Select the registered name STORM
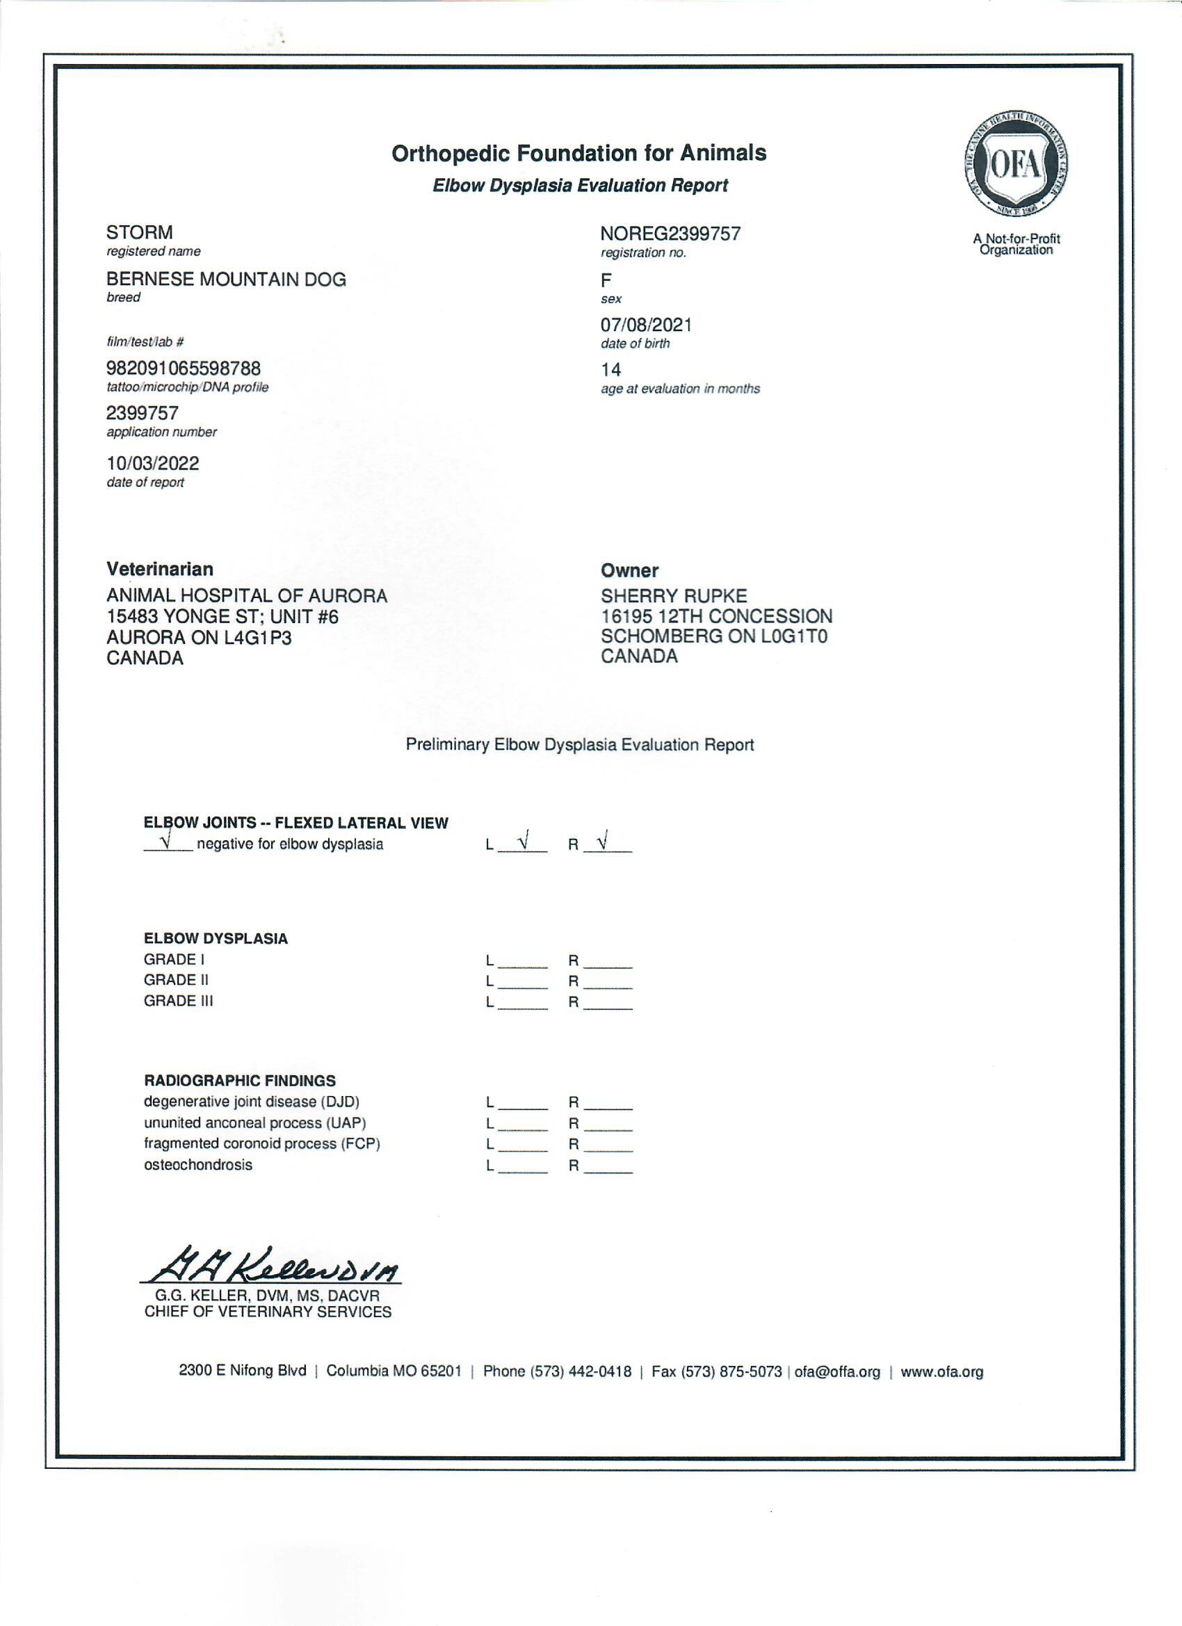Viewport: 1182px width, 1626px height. (x=139, y=232)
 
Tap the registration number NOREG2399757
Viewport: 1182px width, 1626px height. (x=670, y=234)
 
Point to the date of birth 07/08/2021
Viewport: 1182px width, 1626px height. (x=646, y=325)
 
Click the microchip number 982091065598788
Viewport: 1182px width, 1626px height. (x=184, y=369)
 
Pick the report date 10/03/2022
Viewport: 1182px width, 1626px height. (x=153, y=463)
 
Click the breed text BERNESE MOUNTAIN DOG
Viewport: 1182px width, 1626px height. (x=226, y=280)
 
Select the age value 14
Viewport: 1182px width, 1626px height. (x=610, y=370)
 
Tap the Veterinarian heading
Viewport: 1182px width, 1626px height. (x=160, y=570)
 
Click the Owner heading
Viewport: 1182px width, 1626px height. (x=629, y=571)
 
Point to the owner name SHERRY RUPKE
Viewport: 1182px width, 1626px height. (x=673, y=596)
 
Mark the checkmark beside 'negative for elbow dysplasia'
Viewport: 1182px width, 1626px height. (x=166, y=839)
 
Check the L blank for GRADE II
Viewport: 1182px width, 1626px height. (x=522, y=981)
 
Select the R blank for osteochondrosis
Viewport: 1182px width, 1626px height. (x=608, y=1166)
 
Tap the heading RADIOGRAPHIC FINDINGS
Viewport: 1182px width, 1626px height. (x=239, y=1081)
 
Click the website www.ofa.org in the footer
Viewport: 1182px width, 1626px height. (x=941, y=1372)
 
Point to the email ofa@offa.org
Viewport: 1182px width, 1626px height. (x=836, y=1372)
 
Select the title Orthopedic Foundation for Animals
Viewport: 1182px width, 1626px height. (x=578, y=154)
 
